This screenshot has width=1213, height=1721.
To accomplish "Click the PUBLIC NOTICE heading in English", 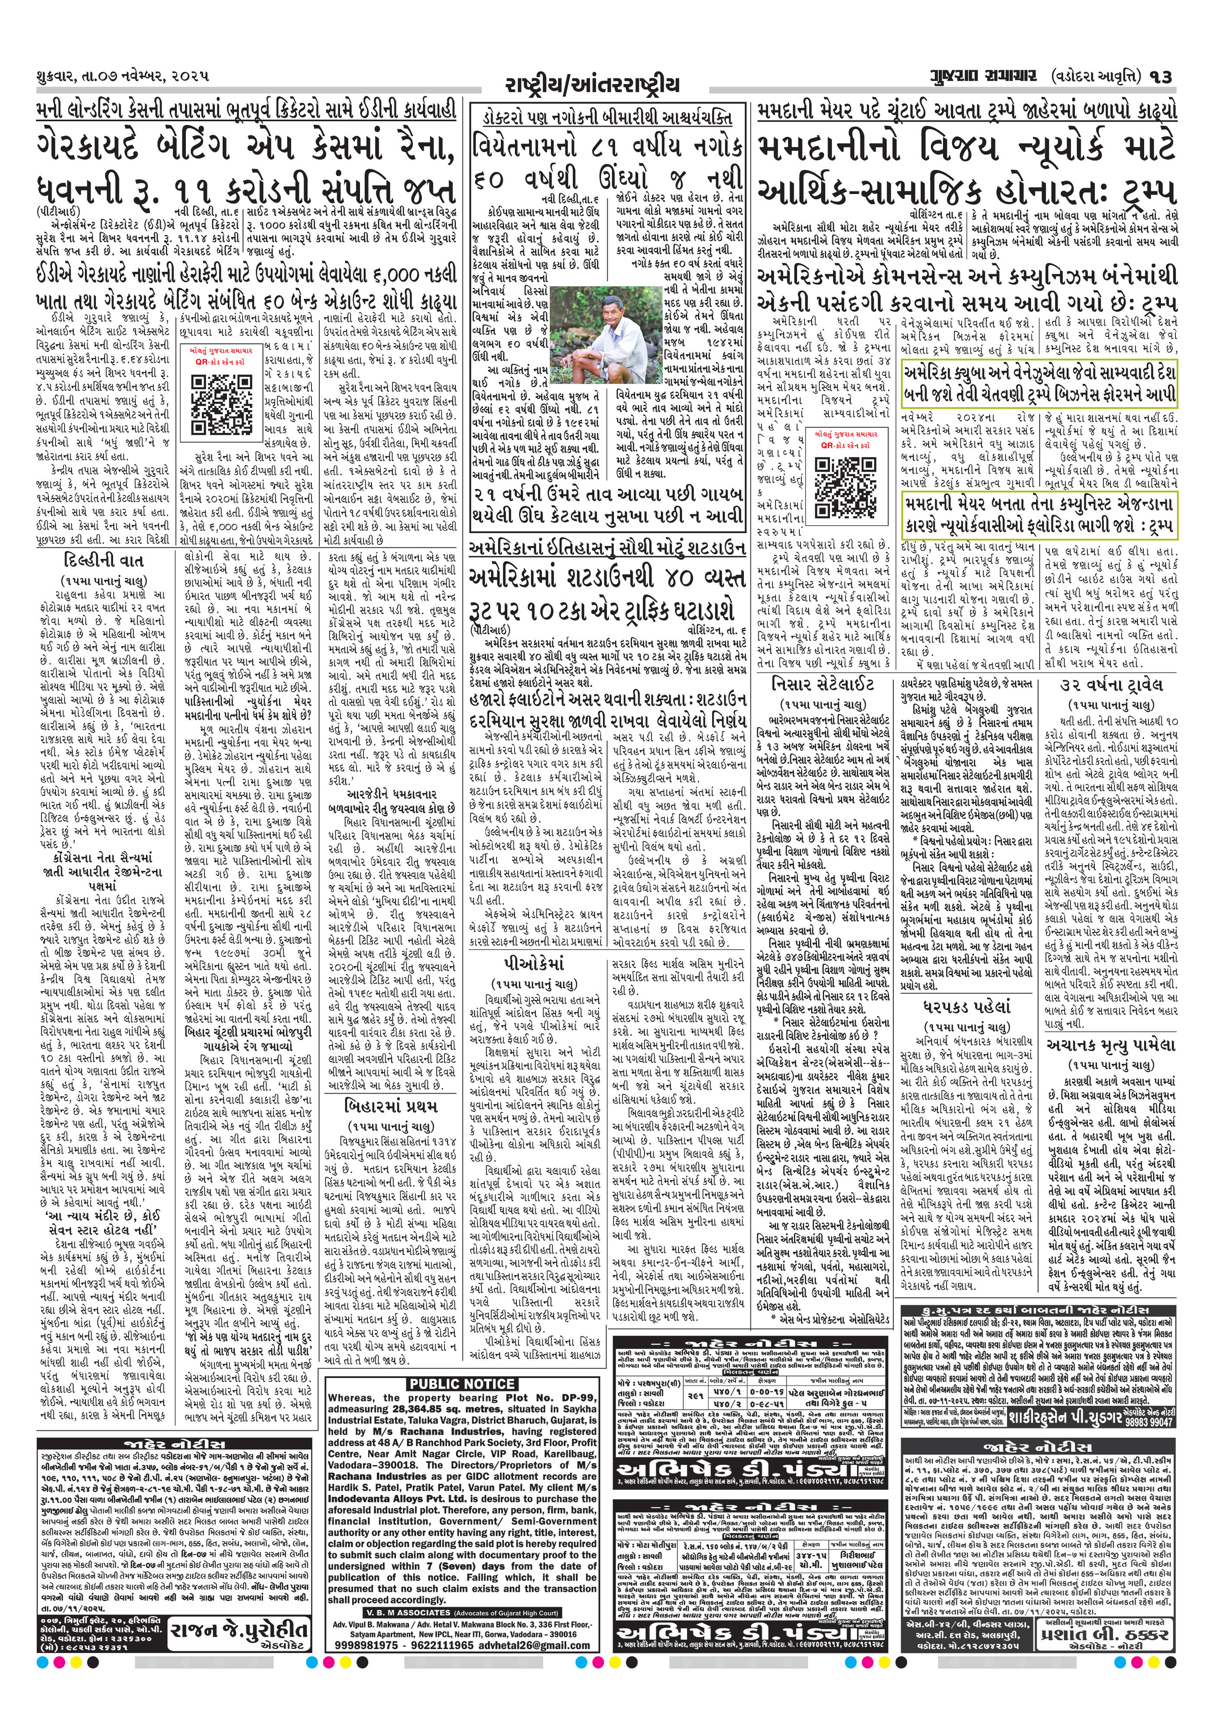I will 461,1384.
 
